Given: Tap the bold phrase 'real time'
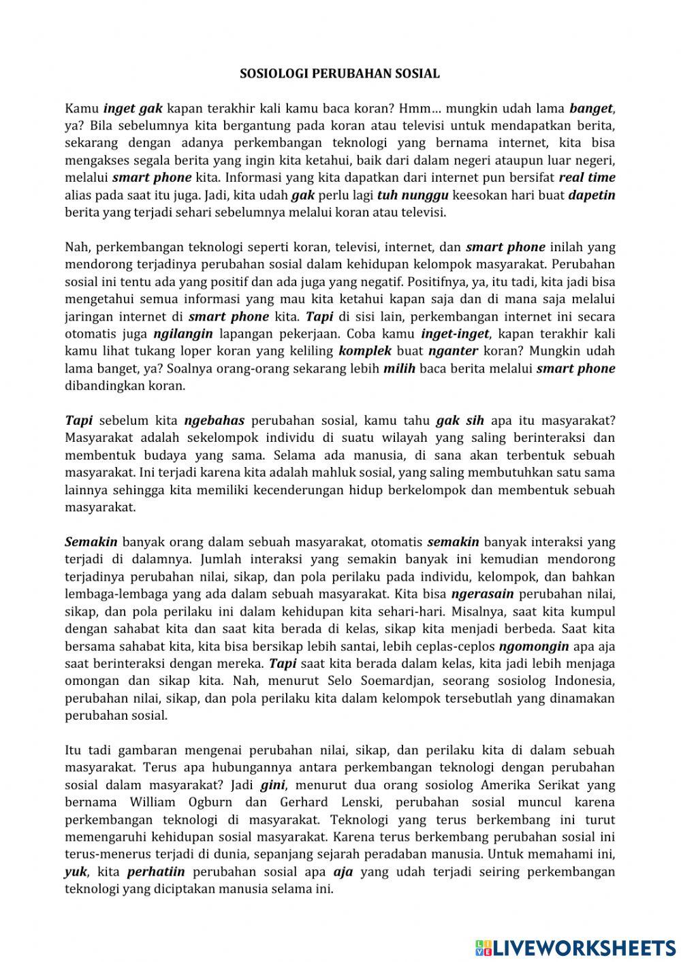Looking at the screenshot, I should coord(586,178).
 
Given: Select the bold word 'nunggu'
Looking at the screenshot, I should coord(425,195).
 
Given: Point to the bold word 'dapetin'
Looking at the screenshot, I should coord(591,195).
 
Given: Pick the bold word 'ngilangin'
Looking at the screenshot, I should coord(183,334).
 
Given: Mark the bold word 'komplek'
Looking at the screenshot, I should coord(365,351).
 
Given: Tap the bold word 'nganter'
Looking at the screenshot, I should coord(453,351).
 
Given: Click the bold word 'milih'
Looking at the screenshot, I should coord(399,368).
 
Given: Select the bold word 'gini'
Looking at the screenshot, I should coord(272,784).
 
